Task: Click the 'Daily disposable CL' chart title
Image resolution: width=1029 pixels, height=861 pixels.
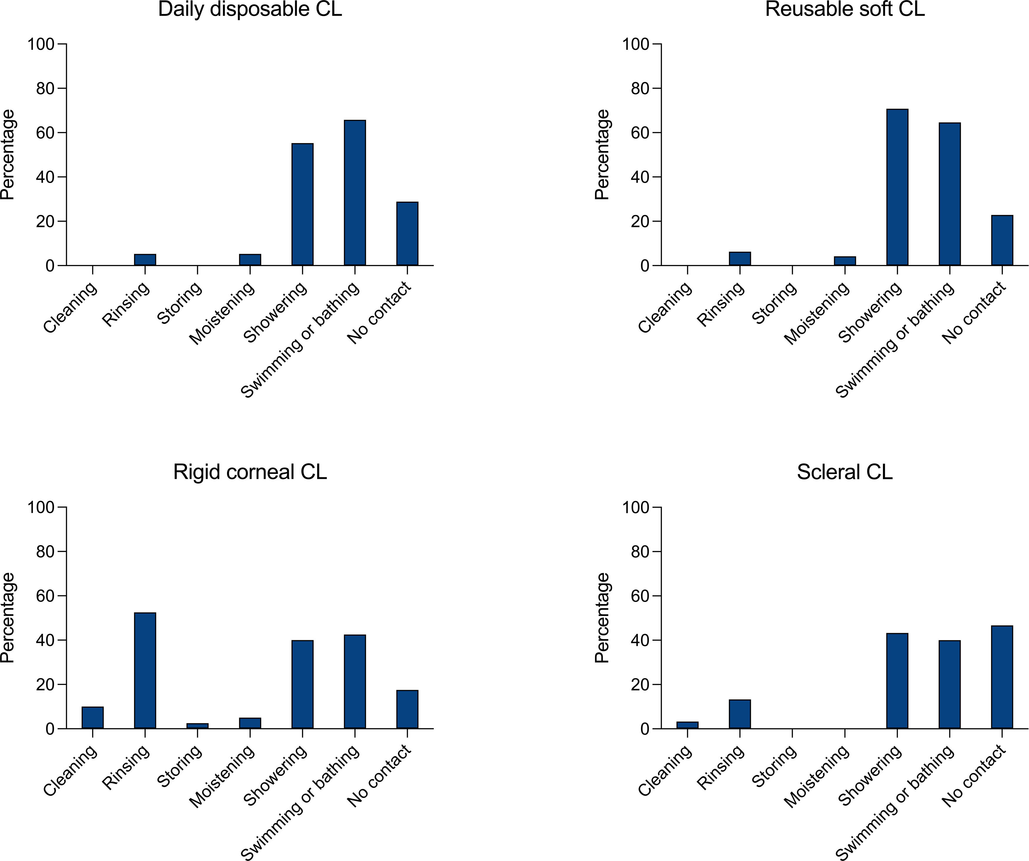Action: pos(250,9)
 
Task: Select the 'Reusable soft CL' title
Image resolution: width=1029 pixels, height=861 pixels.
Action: pos(845,9)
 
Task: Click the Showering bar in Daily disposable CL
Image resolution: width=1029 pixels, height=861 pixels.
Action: pos(302,204)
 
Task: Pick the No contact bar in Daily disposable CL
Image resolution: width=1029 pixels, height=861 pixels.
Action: pos(407,234)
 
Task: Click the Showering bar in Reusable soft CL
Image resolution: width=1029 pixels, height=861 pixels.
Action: pos(897,187)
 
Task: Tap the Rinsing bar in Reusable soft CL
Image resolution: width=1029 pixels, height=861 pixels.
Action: pos(740,258)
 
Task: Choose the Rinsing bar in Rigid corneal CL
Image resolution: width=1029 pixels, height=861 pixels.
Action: pos(145,671)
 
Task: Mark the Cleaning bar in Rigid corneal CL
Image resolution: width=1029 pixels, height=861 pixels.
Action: pos(92,718)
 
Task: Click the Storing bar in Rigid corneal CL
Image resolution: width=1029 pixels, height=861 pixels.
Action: pos(198,726)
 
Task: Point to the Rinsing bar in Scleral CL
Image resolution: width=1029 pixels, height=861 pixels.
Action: pos(740,714)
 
